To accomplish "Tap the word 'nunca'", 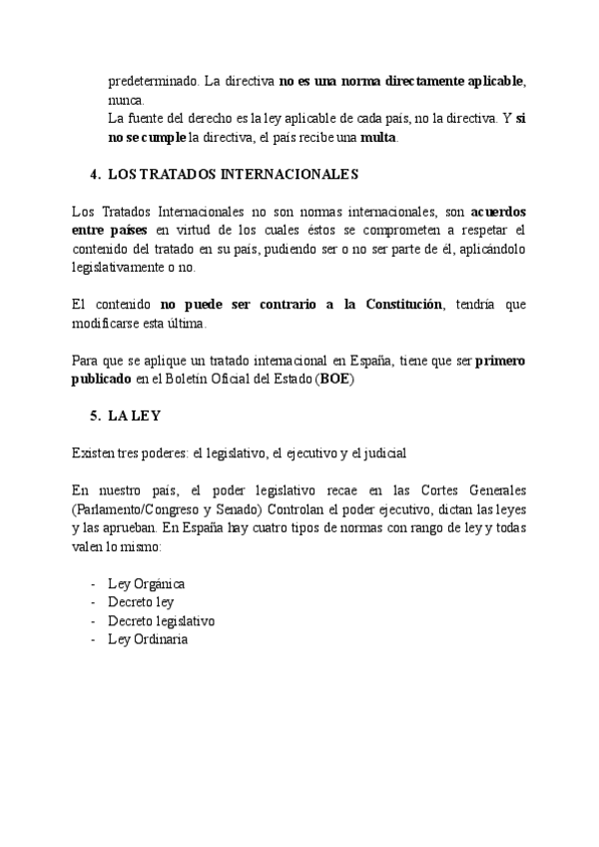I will tap(126, 100).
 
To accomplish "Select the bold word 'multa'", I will tap(379, 137).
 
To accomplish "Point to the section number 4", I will tap(93, 175).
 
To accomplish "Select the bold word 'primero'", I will tap(500, 361).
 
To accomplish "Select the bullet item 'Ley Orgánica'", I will tap(147, 583).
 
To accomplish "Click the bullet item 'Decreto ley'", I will tap(141, 602).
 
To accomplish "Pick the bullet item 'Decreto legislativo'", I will tap(161, 620).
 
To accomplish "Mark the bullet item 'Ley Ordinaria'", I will tap(148, 639).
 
